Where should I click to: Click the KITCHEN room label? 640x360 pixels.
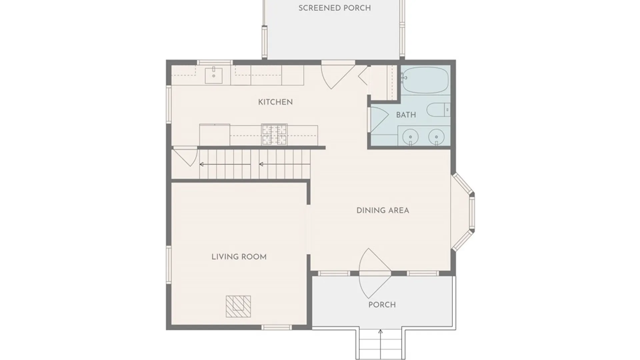(x=275, y=102)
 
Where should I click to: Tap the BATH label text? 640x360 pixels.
(x=406, y=115)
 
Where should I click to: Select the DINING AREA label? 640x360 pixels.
(x=383, y=210)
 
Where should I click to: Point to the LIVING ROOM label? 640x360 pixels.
(x=239, y=257)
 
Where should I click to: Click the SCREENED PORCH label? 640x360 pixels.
(x=335, y=8)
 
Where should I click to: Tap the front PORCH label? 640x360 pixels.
(x=382, y=305)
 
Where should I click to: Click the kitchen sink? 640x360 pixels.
(x=213, y=75)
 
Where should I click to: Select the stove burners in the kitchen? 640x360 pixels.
(x=274, y=135)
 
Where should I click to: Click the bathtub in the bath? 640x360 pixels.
(x=425, y=80)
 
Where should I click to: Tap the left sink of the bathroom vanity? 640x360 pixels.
(x=411, y=136)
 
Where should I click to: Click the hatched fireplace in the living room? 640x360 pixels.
(x=238, y=306)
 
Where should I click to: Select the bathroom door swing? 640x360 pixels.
(x=379, y=119)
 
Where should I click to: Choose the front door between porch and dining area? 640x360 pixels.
(x=374, y=273)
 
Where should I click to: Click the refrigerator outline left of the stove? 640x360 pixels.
(x=215, y=135)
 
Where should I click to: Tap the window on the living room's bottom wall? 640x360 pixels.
(x=276, y=328)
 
